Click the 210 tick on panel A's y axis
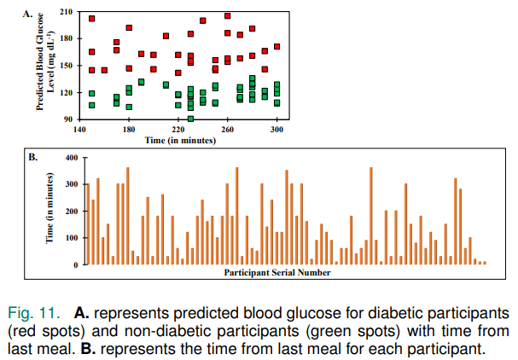(67, 14)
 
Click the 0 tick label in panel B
(75, 264)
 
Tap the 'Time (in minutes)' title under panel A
(178, 138)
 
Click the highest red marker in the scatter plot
(228, 15)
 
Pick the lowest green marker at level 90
(190, 119)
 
